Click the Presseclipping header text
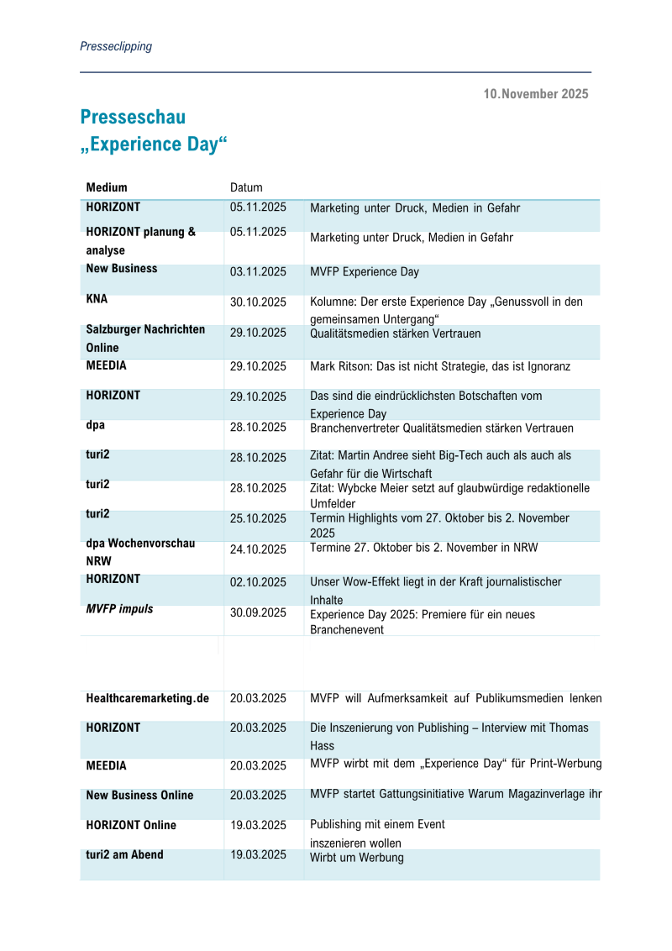[116, 46]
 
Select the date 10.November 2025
[535, 94]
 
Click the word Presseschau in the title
[133, 117]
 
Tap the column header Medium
[107, 187]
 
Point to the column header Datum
[246, 187]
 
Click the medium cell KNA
[97, 298]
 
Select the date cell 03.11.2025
[258, 272]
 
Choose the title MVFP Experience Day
[364, 272]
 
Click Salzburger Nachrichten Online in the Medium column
[144, 339]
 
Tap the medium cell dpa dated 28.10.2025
[95, 425]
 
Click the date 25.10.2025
[258, 518]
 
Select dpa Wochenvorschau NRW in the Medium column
[139, 551]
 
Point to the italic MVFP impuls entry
[119, 609]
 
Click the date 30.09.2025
[258, 612]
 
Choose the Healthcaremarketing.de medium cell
[147, 698]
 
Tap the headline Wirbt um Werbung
[356, 858]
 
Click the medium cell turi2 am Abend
[124, 854]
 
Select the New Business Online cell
[139, 795]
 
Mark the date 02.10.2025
[258, 582]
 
